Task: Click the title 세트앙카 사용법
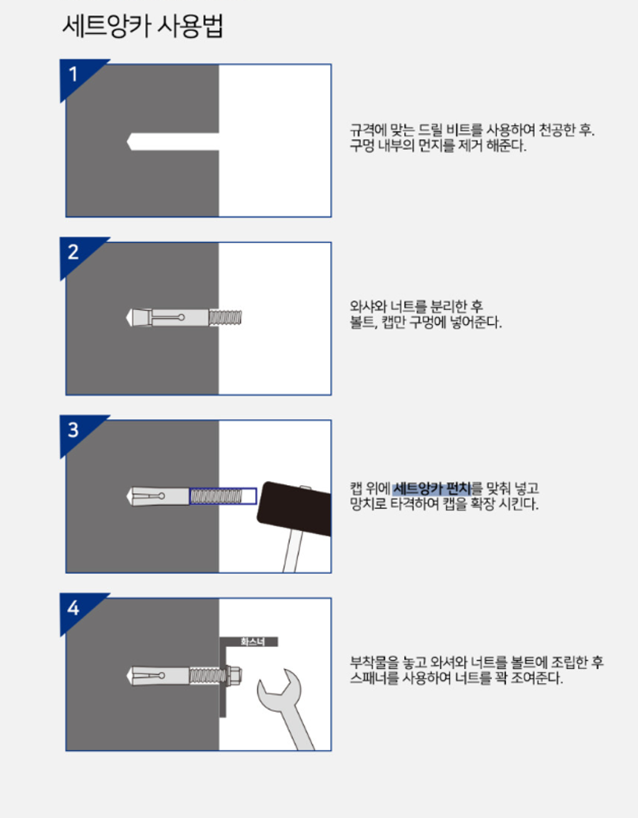click(x=143, y=26)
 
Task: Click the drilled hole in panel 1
click(x=173, y=141)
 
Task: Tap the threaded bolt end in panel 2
click(x=226, y=318)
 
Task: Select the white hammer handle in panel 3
click(x=293, y=552)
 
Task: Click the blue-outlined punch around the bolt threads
click(x=223, y=496)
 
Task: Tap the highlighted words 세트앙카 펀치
click(x=432, y=488)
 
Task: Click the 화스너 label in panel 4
click(x=253, y=641)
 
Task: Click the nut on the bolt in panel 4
click(x=235, y=675)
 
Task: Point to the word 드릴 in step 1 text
click(x=430, y=130)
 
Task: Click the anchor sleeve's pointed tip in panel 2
click(x=127, y=318)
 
